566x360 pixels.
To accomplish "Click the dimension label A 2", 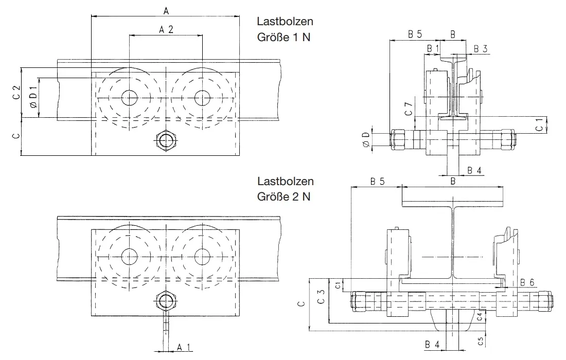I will coord(166,30).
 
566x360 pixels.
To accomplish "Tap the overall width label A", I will coord(166,10).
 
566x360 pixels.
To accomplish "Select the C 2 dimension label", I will coord(16,93).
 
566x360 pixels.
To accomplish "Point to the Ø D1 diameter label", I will coord(32,98).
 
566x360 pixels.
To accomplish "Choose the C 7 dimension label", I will coord(409,110).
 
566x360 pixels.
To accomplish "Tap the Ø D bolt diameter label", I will coord(365,139).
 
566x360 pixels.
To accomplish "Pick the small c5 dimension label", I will coord(480,340).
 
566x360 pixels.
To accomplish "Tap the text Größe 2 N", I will coord(283,196).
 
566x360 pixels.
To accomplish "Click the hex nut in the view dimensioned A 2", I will coord(166,140).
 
